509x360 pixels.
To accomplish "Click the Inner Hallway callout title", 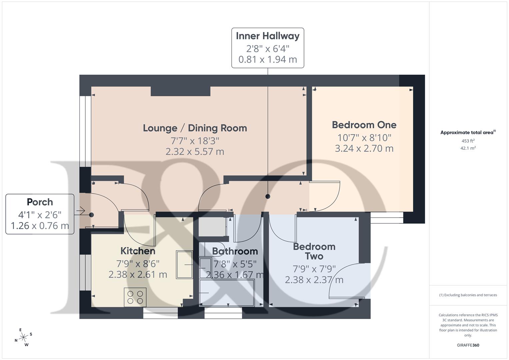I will (x=268, y=36).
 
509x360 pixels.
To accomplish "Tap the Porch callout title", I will (x=40, y=202).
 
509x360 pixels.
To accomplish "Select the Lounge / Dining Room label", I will (x=195, y=128).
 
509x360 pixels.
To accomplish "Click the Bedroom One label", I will (x=364, y=125).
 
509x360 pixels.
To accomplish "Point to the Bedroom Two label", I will (x=314, y=251).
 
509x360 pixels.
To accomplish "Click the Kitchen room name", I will (x=138, y=251).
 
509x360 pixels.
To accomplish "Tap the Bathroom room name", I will (x=235, y=251).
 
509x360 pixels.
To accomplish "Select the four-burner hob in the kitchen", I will (x=135, y=297).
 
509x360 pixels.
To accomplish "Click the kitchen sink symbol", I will (x=184, y=265).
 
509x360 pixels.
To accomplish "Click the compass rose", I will (x=23, y=338).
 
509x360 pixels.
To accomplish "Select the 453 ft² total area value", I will (x=468, y=141).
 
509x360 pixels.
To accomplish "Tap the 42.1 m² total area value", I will (x=468, y=148).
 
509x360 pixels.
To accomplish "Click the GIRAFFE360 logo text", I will (x=468, y=345).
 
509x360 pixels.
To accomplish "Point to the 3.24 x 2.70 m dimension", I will (x=364, y=149).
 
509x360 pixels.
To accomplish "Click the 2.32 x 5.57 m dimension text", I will (x=195, y=152).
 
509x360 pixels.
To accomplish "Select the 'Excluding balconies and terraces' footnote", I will (x=468, y=295).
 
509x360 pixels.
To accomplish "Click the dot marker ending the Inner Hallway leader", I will (x=268, y=196).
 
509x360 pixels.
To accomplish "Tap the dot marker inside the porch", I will (x=91, y=215).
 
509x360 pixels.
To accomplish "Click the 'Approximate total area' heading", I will (x=468, y=133).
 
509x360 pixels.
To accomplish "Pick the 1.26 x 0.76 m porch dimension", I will (x=40, y=226).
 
